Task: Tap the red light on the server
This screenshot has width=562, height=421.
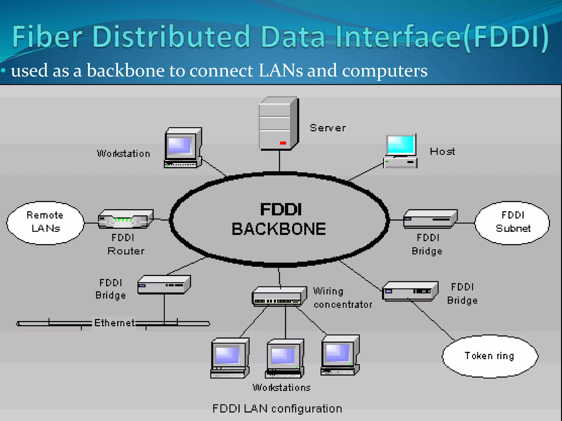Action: click(x=283, y=143)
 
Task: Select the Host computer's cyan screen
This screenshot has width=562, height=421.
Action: click(x=401, y=145)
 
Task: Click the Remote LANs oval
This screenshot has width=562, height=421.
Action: click(x=45, y=223)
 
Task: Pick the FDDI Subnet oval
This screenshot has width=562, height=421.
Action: click(x=513, y=223)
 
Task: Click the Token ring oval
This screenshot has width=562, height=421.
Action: click(x=490, y=356)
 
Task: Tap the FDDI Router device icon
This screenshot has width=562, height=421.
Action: click(x=125, y=219)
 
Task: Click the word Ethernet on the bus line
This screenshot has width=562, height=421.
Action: click(x=114, y=323)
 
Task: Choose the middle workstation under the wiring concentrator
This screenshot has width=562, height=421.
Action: click(x=285, y=359)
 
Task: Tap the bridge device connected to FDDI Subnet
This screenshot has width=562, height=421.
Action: click(x=430, y=219)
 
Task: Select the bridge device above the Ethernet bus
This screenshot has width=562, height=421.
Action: click(x=164, y=285)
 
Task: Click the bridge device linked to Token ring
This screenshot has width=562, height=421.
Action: click(x=410, y=291)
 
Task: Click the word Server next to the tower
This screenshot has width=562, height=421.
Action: click(x=328, y=128)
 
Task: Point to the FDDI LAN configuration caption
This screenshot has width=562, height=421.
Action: click(x=277, y=408)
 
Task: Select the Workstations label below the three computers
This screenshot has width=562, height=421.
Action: click(x=282, y=387)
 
